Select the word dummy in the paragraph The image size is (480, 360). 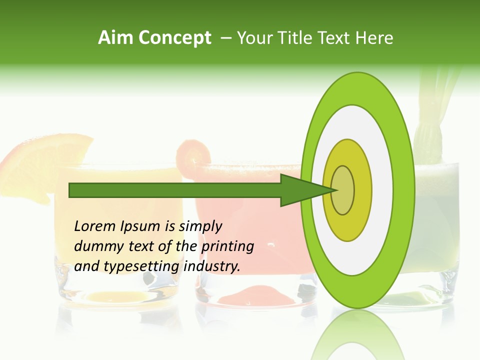click(x=97, y=246)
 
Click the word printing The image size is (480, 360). click(x=227, y=246)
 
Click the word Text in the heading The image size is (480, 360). click(x=332, y=38)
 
